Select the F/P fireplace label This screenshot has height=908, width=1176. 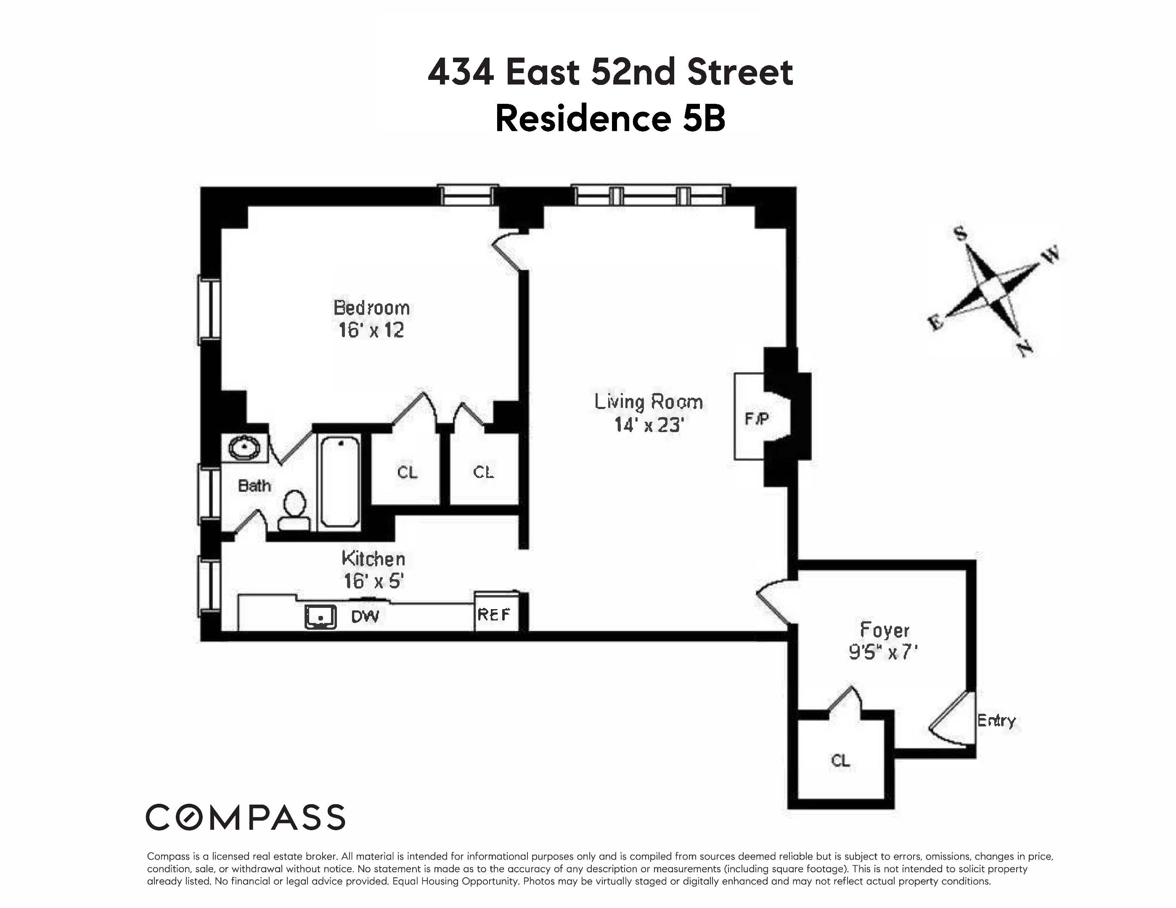pos(757,418)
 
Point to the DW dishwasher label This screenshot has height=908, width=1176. pos(365,617)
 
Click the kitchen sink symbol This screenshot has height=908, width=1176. pos(320,617)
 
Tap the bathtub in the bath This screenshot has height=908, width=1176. pos(340,481)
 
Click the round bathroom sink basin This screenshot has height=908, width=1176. pos(245,447)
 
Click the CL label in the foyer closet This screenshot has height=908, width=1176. pos(840,760)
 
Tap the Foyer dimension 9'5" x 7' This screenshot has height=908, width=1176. pos(883,652)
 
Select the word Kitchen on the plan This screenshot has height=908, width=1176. pos(373,559)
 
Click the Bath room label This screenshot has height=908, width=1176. pos(254,486)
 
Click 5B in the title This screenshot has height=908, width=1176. pos(704,119)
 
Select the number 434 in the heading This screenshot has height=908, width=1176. pos(461,72)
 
